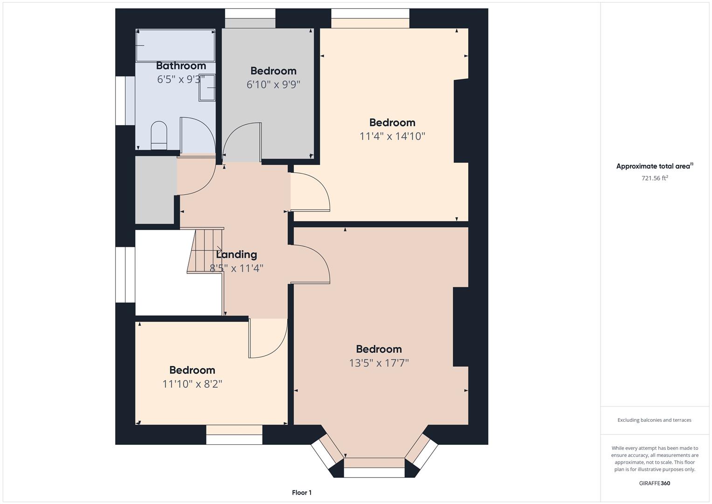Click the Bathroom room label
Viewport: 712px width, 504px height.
point(181,65)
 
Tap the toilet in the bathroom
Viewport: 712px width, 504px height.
point(159,135)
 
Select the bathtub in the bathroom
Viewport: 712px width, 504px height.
point(175,46)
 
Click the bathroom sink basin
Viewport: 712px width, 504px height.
point(207,88)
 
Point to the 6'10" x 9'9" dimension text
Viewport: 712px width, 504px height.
point(273,84)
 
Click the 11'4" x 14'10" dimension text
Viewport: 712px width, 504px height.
point(392,136)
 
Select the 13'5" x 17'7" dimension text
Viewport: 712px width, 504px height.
point(379,363)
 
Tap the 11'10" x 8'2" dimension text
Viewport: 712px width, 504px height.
point(192,384)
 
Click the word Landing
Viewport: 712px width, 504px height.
point(236,254)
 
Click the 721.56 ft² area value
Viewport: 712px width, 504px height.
point(655,178)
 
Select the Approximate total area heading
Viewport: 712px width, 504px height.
point(655,166)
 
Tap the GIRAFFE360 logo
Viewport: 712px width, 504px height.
point(655,483)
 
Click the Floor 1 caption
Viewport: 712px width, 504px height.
point(302,492)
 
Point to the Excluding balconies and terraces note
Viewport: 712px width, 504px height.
point(655,420)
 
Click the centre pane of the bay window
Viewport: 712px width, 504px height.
point(374,468)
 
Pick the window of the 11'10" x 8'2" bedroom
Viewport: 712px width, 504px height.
point(234,434)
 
